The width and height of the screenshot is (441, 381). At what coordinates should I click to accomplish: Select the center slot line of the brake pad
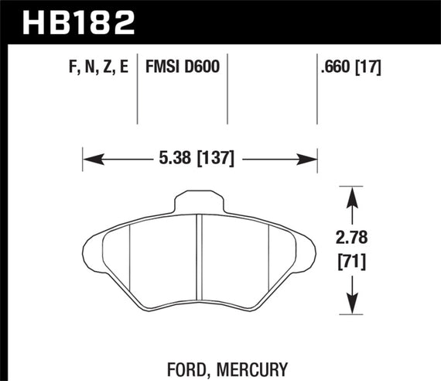200,256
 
